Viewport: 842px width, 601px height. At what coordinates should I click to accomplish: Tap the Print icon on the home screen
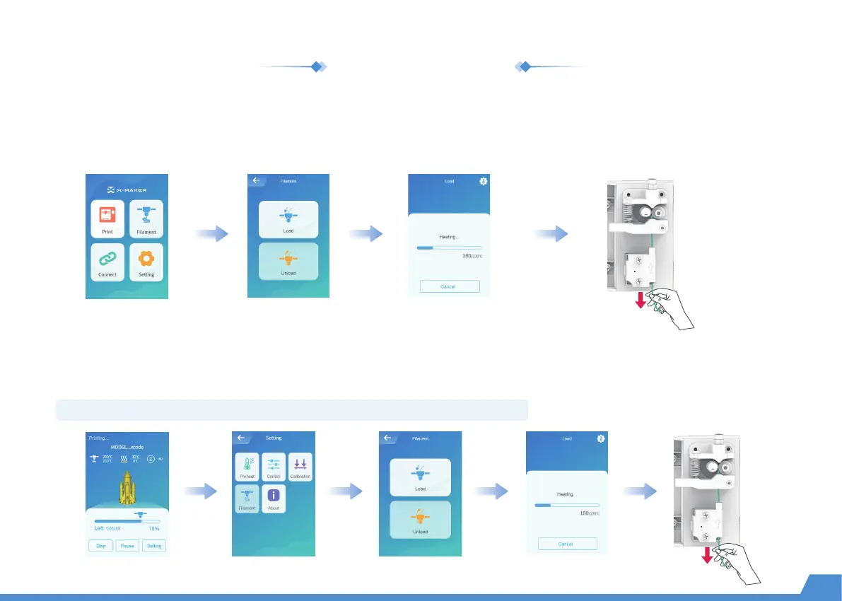click(107, 218)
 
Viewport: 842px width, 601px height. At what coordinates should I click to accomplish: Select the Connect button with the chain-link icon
click(107, 262)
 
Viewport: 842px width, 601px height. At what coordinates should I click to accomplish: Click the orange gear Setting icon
click(146, 262)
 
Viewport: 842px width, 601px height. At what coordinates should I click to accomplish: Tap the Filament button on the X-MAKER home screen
click(146, 218)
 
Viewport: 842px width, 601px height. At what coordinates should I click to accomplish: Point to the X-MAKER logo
click(127, 189)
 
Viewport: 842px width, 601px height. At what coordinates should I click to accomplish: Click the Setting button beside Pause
click(153, 545)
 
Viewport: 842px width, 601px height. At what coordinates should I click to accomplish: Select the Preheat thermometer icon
click(247, 467)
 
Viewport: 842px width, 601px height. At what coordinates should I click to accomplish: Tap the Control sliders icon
click(274, 467)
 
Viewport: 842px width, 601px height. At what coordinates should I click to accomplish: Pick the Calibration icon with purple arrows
click(300, 467)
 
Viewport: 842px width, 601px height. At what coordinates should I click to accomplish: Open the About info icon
click(274, 498)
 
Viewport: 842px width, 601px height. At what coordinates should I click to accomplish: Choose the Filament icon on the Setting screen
click(247, 498)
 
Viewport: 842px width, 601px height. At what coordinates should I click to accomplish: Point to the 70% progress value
click(153, 528)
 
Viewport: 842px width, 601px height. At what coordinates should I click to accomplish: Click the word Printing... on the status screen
click(98, 438)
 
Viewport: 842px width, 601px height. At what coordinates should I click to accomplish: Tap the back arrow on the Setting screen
click(241, 438)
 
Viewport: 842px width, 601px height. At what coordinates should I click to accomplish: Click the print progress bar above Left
click(127, 520)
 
